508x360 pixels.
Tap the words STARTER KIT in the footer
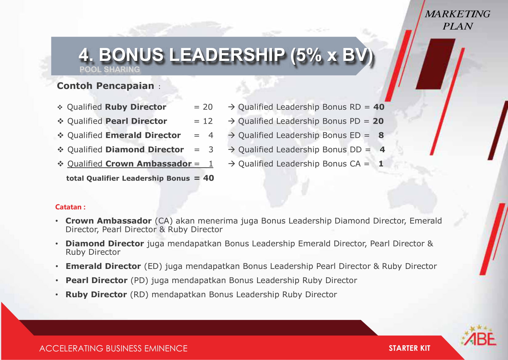coord(409,348)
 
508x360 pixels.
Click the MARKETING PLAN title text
coord(458,20)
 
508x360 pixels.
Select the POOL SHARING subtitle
coord(110,69)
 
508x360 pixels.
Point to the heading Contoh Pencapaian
coord(106,86)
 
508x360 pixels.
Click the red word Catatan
coord(68,207)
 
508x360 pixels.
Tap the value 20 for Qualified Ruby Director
coord(208,107)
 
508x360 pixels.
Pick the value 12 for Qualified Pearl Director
coord(208,121)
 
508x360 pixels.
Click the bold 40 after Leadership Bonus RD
coord(379,107)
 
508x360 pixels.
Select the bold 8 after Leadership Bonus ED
coord(381,135)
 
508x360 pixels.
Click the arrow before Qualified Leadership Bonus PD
coord(231,121)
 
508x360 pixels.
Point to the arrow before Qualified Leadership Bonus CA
coord(231,164)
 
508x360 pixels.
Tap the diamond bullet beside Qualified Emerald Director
coord(60,135)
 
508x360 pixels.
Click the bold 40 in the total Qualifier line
coord(208,178)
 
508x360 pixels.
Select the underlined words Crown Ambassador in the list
coord(148,164)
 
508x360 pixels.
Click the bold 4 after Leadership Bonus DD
coord(382,150)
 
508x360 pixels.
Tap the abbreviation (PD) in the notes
coord(139,280)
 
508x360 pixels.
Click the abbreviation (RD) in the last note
coord(139,294)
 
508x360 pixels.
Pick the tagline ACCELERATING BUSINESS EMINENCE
coord(113,348)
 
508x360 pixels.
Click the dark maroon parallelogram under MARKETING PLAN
coord(435,64)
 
